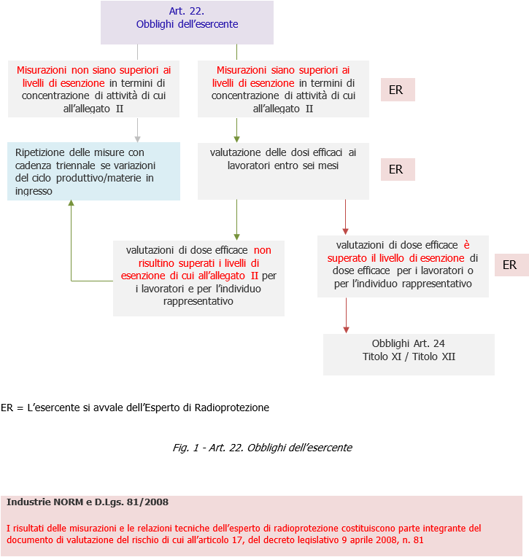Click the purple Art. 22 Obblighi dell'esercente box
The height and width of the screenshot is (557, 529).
click(187, 23)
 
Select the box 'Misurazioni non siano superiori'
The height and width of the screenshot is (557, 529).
click(93, 89)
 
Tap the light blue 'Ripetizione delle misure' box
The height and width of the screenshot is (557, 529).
click(93, 171)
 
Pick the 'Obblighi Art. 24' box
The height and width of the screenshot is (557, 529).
click(409, 354)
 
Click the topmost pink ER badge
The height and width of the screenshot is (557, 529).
click(397, 90)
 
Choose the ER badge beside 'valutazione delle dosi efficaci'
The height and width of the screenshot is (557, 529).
click(397, 169)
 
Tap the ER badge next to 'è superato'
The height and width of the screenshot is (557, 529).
click(511, 265)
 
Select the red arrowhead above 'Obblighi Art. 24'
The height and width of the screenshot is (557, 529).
click(346, 329)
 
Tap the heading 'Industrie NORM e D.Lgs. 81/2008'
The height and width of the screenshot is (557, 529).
click(88, 502)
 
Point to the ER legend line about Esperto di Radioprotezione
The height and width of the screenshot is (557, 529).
click(135, 408)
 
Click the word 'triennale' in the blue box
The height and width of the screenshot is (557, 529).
click(73, 165)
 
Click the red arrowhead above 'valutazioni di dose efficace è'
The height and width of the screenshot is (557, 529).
click(346, 230)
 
